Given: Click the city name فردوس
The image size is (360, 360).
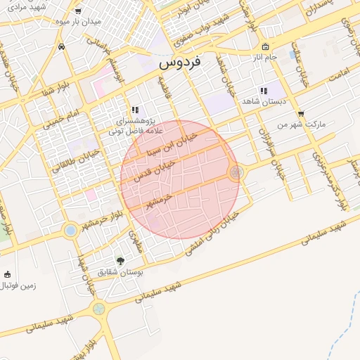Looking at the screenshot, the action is pos(180,62).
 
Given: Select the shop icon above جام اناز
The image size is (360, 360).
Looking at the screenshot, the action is pos(264,46).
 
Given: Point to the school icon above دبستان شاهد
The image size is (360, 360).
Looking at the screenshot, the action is pos(263,91).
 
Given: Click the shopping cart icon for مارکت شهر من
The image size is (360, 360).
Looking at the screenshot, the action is pos(301,113).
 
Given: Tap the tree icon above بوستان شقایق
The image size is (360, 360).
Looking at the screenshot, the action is pos(120,260).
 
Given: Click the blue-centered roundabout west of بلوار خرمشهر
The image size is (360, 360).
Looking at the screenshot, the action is pos(70,230).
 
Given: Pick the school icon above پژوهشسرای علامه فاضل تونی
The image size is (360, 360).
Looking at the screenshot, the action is pos(134,110).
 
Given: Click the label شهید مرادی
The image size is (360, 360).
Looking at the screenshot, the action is pos(28,6).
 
